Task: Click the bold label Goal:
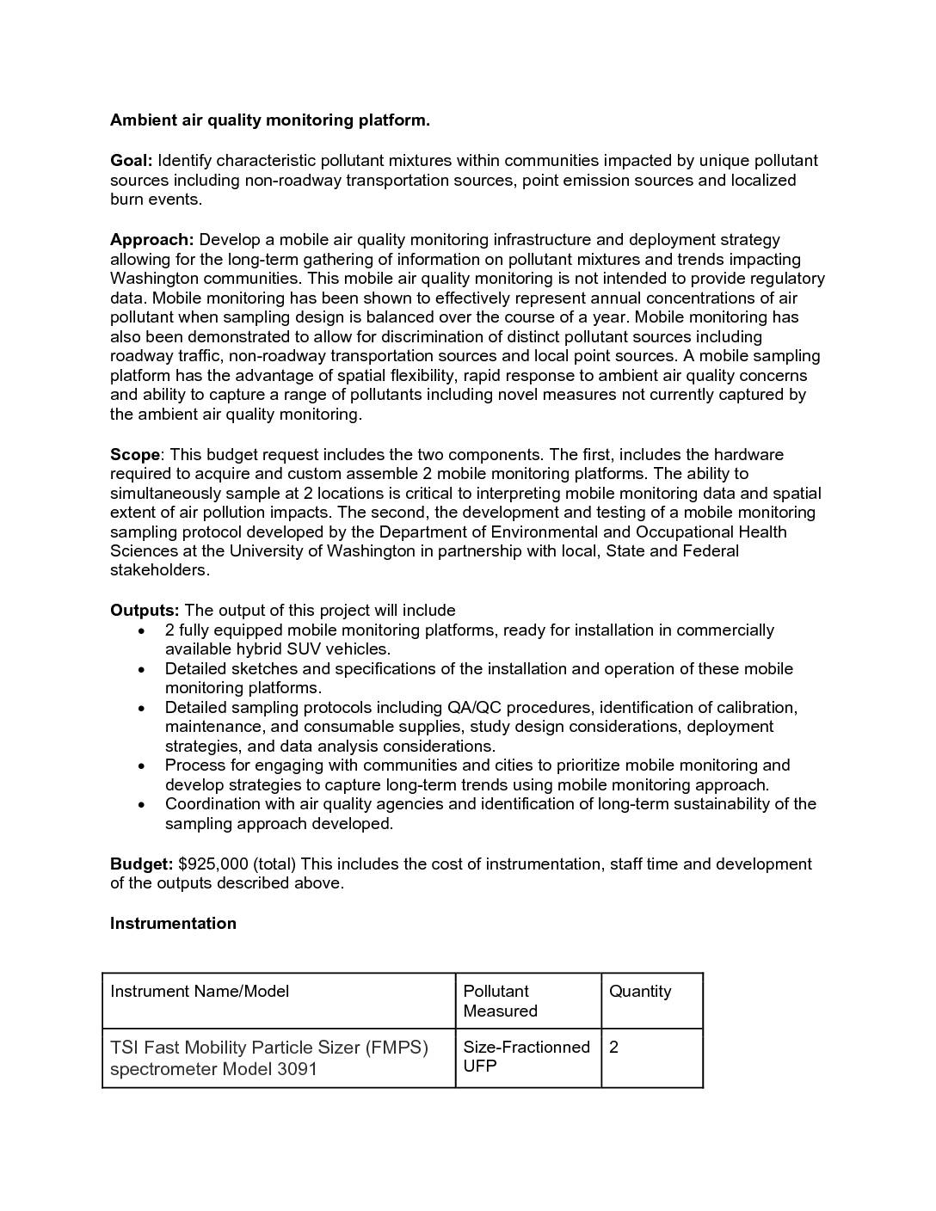131,161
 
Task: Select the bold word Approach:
151,240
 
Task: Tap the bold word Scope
135,455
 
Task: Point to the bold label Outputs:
145,611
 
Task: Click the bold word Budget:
141,864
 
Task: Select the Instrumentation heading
173,924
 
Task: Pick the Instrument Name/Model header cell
200,992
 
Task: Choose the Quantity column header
640,992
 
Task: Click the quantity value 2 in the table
613,1048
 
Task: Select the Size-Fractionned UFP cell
526,1056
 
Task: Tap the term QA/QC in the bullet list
474,708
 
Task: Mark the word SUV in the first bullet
304,649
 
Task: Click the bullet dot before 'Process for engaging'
142,765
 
